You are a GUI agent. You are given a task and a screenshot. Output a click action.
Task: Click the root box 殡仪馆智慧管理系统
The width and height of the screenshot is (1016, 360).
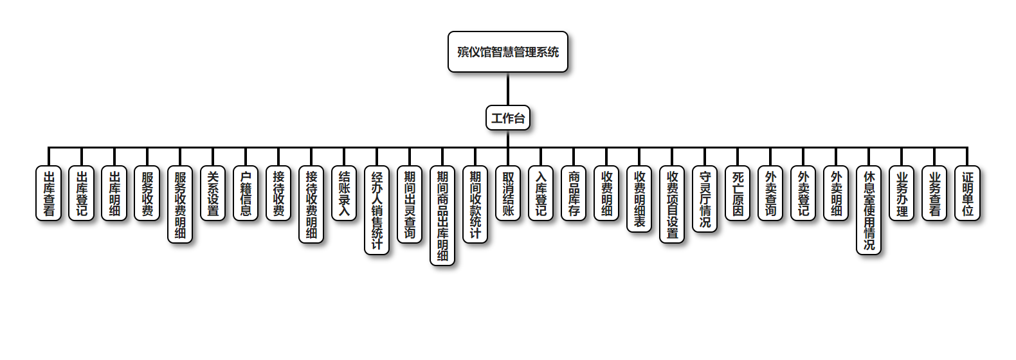pos(507,52)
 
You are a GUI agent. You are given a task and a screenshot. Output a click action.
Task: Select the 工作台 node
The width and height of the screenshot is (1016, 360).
pos(507,118)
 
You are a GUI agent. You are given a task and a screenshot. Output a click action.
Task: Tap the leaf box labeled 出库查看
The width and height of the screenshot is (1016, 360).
pos(49,193)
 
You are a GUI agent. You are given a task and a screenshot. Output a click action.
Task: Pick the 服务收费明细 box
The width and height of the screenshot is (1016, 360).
pos(180,204)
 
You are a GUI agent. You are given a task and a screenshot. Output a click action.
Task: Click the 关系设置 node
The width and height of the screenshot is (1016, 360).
pos(213,193)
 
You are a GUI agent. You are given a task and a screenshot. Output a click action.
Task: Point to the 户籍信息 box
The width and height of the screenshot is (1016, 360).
pos(246,193)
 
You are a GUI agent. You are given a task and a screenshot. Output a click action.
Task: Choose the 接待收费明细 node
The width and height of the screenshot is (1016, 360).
pos(311,204)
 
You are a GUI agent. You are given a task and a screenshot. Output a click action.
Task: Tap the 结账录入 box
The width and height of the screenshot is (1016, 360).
pos(344,193)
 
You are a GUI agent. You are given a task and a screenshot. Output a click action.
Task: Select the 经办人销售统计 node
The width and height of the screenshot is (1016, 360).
pos(377,210)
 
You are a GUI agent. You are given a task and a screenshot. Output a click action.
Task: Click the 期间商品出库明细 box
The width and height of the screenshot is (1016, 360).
pos(442,215)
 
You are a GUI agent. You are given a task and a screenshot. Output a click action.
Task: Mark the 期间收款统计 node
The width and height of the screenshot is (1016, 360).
pos(475,204)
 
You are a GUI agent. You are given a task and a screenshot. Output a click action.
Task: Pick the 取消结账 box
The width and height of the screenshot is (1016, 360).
pos(508,193)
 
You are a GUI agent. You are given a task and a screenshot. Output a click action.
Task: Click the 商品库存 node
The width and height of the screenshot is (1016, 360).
pos(574,193)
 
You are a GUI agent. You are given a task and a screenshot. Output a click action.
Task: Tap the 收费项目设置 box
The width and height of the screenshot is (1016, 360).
pos(672,204)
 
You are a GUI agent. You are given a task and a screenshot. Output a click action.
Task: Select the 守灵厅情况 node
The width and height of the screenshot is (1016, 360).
pos(705,199)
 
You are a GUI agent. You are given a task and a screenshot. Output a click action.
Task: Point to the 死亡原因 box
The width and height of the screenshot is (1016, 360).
pos(738,193)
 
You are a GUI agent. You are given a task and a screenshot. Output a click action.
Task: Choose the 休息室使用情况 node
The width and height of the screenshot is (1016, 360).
pos(869,210)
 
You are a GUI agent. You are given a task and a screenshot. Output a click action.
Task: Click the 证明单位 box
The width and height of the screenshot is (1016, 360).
pos(967,193)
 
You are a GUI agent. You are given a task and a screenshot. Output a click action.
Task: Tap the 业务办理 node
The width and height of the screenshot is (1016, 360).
pos(902,193)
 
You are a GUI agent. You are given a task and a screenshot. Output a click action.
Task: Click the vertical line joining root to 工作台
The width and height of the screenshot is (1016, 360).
pos(507,89)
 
